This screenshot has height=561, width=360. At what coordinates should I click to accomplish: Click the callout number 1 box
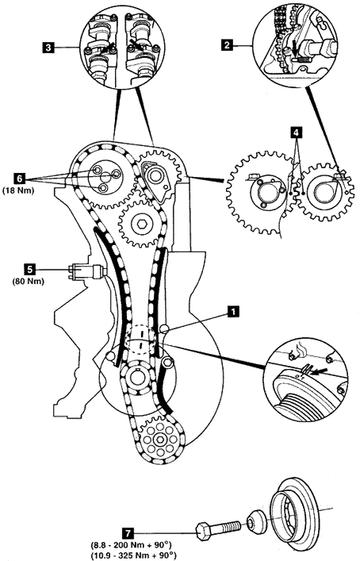click(x=233, y=311)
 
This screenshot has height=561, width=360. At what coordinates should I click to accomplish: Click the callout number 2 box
click(x=226, y=45)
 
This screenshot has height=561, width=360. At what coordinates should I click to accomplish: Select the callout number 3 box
click(x=48, y=48)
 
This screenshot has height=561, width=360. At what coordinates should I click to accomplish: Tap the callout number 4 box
click(x=296, y=133)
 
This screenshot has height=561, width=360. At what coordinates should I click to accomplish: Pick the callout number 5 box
click(x=29, y=269)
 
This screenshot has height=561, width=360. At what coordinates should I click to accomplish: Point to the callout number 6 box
click(x=19, y=178)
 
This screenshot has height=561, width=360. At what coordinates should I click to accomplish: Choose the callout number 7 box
click(x=128, y=533)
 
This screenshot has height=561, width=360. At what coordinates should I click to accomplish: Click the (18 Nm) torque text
click(x=18, y=190)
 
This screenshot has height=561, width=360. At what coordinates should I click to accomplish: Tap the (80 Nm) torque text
click(x=29, y=282)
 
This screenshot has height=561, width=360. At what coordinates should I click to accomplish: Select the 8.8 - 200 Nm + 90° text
click(x=131, y=546)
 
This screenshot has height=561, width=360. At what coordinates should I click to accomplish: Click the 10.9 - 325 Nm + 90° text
click(x=133, y=555)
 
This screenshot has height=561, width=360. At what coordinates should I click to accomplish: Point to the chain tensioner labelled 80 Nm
click(x=87, y=270)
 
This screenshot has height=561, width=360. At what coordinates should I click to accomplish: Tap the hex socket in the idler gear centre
click(x=140, y=225)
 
